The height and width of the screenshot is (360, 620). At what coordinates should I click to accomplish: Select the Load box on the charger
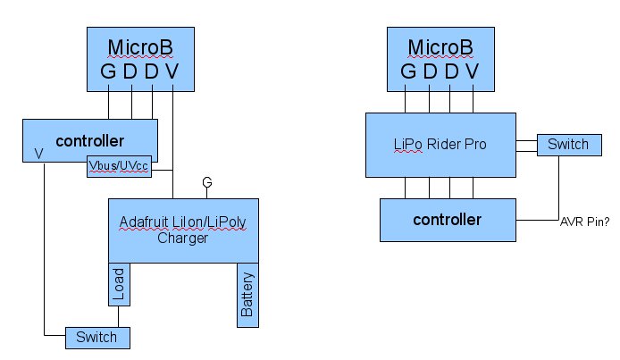pyautogui.click(x=119, y=284)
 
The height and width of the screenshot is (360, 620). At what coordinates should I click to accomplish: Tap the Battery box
pyautogui.click(x=247, y=296)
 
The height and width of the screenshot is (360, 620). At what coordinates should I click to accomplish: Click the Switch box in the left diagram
pyautogui.click(x=97, y=338)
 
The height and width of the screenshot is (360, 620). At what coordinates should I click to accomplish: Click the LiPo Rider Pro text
pyautogui.click(x=441, y=144)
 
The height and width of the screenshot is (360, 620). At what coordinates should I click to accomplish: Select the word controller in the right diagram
pyautogui.click(x=448, y=220)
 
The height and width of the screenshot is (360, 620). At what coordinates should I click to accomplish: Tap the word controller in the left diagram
pyautogui.click(x=89, y=141)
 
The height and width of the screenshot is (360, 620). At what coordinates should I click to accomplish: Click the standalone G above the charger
pyautogui.click(x=207, y=183)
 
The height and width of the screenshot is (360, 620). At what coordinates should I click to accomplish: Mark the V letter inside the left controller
pyautogui.click(x=38, y=154)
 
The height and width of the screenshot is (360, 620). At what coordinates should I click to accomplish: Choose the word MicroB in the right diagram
pyautogui.click(x=441, y=47)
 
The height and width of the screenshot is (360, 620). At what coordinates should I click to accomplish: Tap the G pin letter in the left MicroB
pyautogui.click(x=108, y=71)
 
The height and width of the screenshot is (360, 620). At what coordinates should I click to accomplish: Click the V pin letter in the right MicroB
pyautogui.click(x=472, y=71)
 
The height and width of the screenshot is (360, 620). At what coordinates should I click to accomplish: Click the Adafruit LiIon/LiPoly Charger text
pyautogui.click(x=182, y=229)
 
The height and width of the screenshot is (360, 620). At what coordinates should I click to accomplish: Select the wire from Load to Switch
pyautogui.click(x=119, y=317)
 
